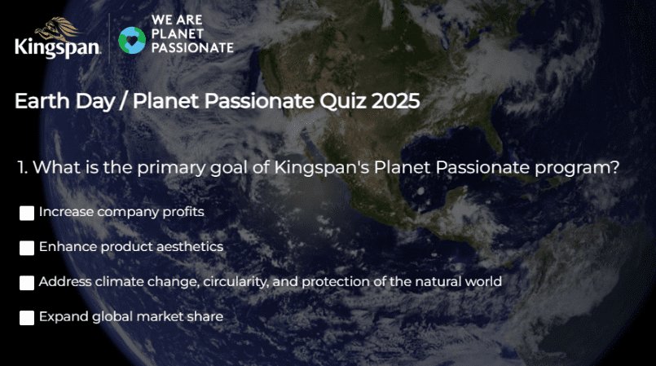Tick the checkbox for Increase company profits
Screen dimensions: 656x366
coord(27,213)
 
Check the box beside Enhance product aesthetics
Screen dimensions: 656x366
coord(27,248)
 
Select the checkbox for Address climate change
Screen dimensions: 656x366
coord(27,283)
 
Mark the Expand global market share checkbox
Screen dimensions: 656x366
coord(27,318)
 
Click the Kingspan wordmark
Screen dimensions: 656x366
coord(58,46)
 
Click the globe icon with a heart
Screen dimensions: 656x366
coord(132,41)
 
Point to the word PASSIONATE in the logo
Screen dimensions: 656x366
coord(192,47)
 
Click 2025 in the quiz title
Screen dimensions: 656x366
coord(395,101)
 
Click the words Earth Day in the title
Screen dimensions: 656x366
coord(65,102)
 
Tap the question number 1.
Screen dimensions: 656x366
coord(22,167)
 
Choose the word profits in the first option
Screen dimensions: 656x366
coord(183,212)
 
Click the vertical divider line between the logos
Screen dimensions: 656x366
coord(109,38)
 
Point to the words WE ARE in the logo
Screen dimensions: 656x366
coord(177,20)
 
